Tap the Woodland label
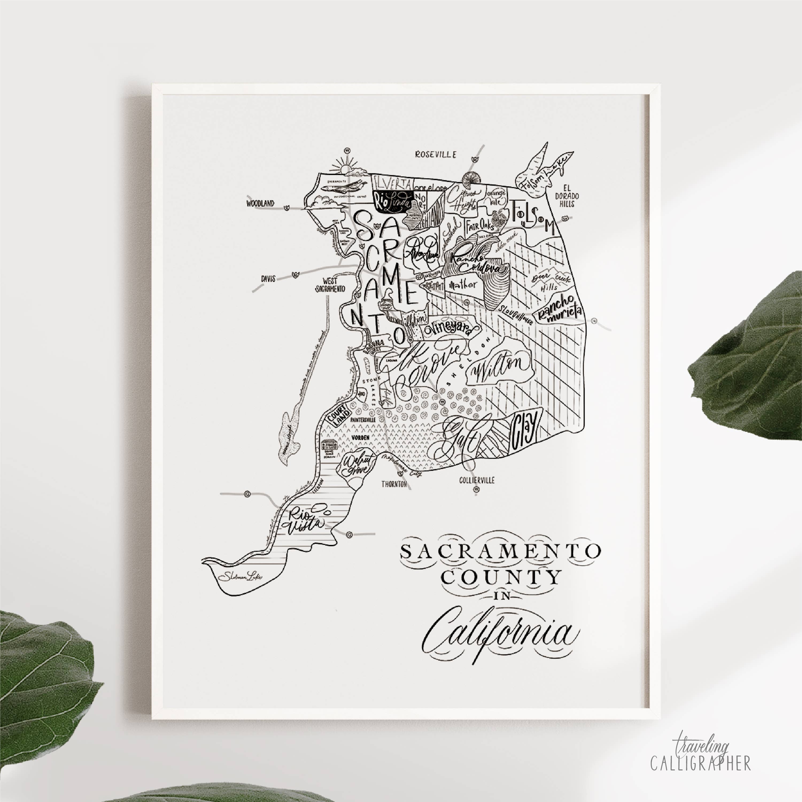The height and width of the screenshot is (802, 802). [260, 203]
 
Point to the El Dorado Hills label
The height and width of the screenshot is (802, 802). [567, 196]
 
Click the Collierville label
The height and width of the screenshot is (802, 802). [477, 480]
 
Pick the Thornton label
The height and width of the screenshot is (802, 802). [394, 484]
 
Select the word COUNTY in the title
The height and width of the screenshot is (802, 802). [501, 578]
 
